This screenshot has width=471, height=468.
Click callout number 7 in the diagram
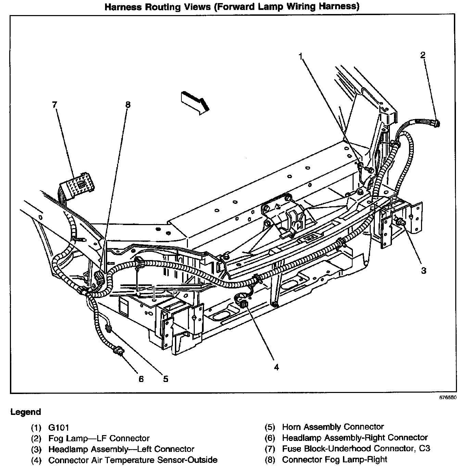54,104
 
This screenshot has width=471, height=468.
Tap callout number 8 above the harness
128,104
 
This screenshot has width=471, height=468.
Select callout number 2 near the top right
423,55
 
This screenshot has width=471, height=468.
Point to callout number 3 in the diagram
423,271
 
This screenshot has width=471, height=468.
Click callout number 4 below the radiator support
276,367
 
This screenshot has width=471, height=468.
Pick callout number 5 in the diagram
166,379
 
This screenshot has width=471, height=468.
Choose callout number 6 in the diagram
141,379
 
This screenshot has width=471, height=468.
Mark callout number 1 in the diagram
301,57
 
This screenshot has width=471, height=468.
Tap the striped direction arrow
195,101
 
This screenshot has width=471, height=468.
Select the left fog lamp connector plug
436,123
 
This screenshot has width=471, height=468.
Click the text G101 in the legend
59,428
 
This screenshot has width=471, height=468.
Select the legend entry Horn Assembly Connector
333,427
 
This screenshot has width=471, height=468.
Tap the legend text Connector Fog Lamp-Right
334,459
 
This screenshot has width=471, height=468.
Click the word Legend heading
26,412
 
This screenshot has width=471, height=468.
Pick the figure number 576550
448,398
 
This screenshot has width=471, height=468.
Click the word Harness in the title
122,7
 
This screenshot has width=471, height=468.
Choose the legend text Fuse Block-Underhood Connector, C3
356,448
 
